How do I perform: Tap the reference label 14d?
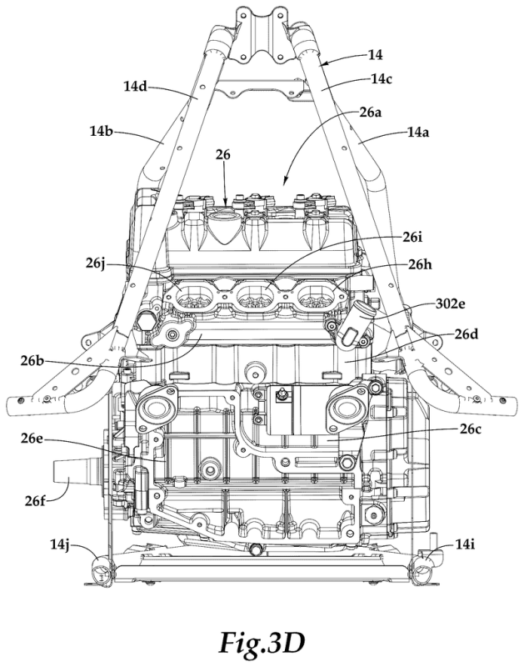(x=136, y=87)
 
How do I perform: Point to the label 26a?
(x=371, y=113)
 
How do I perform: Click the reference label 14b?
(x=101, y=132)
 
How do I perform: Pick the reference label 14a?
(x=417, y=133)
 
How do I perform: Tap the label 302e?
(x=451, y=303)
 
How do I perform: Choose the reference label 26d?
(x=467, y=334)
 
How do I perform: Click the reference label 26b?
(x=32, y=361)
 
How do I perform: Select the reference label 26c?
(x=471, y=429)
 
